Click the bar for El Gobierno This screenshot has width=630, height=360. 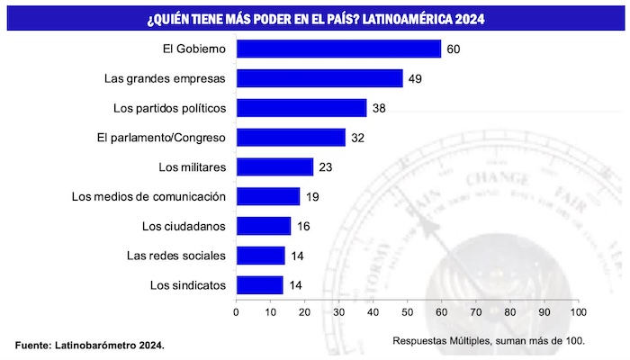(338, 49)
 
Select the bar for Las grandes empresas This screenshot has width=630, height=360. (319, 78)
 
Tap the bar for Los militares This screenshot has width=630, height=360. (274, 166)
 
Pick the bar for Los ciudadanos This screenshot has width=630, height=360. (263, 226)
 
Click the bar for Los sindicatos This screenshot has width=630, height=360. (259, 285)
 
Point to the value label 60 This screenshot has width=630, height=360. (453, 49)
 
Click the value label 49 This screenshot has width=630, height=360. (415, 78)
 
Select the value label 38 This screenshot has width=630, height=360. (378, 108)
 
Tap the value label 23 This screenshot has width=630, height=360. (326, 166)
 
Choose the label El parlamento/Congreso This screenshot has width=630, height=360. (161, 138)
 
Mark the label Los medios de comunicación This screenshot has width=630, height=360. (148, 196)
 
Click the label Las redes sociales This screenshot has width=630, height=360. (176, 256)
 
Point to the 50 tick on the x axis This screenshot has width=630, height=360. (407, 312)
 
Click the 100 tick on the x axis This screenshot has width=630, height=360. (578, 312)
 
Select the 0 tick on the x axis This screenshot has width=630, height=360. (236, 312)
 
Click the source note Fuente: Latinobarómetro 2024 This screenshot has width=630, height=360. (90, 345)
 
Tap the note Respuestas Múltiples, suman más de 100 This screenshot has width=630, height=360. (489, 340)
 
